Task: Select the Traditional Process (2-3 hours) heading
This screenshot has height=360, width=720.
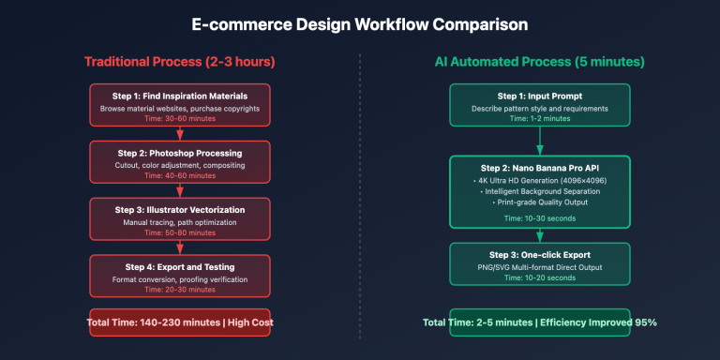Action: (179, 62)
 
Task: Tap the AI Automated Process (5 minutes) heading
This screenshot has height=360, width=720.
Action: (539, 62)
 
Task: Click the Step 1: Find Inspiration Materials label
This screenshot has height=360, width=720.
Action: (179, 97)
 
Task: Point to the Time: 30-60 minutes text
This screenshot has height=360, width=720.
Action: (179, 119)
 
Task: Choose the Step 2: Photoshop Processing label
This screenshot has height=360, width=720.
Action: (179, 153)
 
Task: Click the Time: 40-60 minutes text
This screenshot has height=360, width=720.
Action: (179, 175)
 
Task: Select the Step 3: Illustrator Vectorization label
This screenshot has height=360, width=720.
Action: (179, 209)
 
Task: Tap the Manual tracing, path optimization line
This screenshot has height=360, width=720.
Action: (179, 221)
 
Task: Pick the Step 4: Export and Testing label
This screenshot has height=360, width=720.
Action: (179, 265)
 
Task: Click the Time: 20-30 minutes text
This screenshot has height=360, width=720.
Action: (179, 289)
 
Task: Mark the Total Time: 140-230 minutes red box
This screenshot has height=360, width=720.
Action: (179, 322)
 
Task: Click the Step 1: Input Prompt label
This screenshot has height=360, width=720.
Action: (539, 97)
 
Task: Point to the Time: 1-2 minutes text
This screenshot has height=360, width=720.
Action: (539, 119)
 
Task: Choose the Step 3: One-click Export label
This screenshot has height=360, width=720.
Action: (539, 254)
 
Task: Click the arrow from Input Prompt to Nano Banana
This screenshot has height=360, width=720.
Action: (539, 141)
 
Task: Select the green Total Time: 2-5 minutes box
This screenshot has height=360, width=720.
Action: (539, 322)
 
